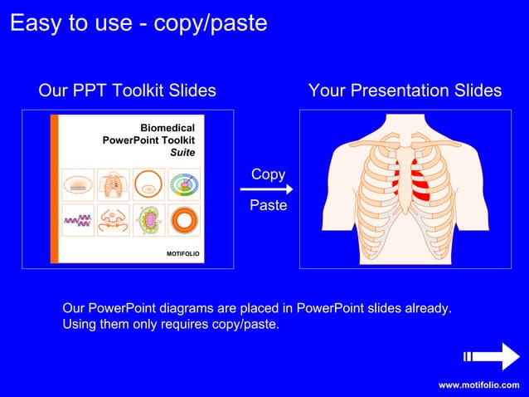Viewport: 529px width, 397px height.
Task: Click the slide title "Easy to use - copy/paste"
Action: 138,23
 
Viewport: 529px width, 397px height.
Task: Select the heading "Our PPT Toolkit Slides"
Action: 127,91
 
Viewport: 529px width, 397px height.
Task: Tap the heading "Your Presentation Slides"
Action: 405,91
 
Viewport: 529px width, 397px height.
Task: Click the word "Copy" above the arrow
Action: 268,174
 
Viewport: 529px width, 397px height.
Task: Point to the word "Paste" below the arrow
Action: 268,204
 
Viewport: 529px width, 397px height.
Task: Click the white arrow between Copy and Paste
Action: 271,189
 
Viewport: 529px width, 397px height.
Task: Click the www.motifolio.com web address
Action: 478,385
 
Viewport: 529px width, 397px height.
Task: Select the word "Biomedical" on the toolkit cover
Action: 167,128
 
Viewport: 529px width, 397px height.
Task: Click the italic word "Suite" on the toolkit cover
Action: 182,153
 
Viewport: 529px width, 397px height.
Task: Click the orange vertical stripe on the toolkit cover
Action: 55,189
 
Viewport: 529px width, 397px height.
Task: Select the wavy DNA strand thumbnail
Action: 77,220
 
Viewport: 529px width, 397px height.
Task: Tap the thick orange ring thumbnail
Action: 183,220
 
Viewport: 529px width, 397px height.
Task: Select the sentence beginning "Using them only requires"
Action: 171,324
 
